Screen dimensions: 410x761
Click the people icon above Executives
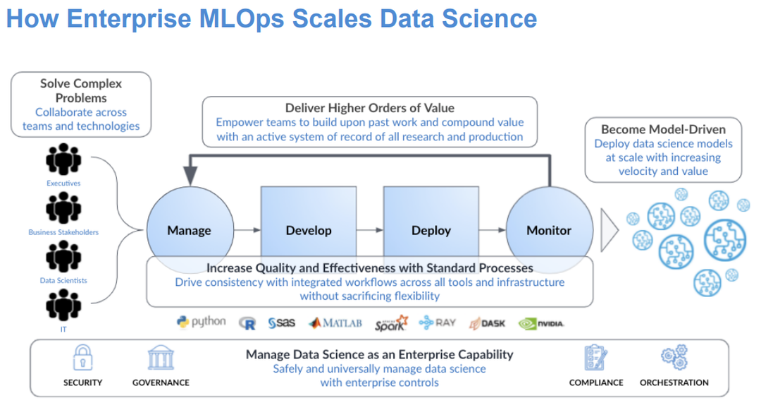pos(63,160)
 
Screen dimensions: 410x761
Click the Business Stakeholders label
pos(63,232)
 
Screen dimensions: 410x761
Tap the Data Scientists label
pos(63,280)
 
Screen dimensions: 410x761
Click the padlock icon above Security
pos(83,358)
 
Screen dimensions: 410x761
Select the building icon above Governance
pos(161,358)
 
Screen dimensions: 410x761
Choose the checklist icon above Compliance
pos(596,358)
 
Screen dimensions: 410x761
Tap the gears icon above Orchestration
pos(674,357)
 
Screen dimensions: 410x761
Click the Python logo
pos(202,322)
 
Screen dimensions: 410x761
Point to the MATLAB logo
pos(335,323)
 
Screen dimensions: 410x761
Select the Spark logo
pos(391,323)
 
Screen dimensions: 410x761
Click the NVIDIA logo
pos(541,323)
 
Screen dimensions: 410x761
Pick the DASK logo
pos(487,323)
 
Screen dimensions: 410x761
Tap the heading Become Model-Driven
pos(662,129)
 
